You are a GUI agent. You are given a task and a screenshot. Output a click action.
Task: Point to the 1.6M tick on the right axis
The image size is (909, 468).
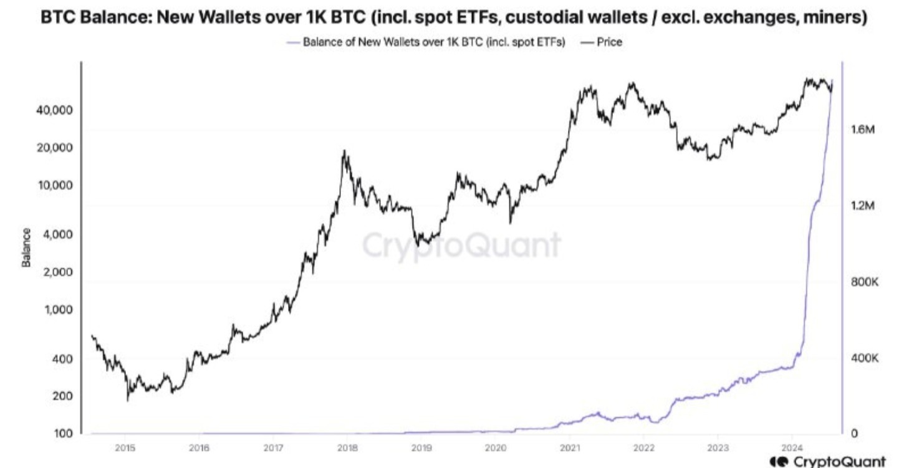pyautogui.click(x=863, y=130)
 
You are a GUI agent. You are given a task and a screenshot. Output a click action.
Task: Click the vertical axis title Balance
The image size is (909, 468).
pyautogui.click(x=26, y=247)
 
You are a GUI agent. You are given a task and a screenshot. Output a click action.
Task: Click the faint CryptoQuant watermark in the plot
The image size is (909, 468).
pyautogui.click(x=461, y=245)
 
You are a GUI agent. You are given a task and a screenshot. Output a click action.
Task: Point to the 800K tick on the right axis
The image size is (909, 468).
pyautogui.click(x=864, y=282)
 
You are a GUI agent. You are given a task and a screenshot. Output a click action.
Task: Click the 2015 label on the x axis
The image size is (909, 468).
pyautogui.click(x=125, y=447)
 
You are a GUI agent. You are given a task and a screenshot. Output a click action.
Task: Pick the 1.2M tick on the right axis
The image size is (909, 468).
pyautogui.click(x=863, y=206)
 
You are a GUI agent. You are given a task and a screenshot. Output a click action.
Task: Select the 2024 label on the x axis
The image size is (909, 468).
pyautogui.click(x=792, y=447)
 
